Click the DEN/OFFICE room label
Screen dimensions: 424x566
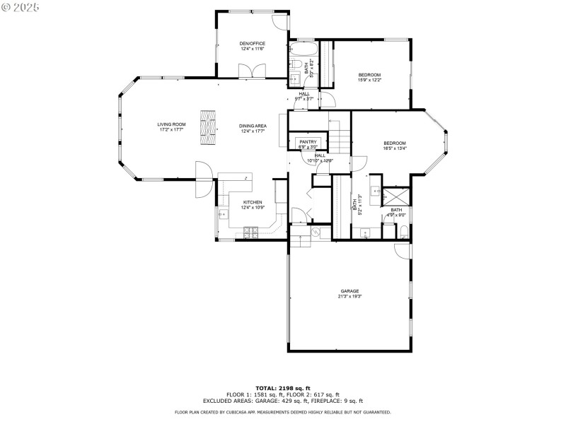click(253, 44)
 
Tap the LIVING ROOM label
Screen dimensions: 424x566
click(171, 124)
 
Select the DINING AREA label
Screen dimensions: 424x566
click(253, 124)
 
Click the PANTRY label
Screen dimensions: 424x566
click(308, 141)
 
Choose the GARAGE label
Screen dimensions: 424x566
click(350, 291)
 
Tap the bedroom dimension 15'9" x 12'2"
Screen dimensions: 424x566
click(369, 80)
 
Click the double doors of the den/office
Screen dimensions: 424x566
click(253, 71)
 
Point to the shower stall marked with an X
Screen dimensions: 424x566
click(396, 196)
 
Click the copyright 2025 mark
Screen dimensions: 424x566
click(21, 6)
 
